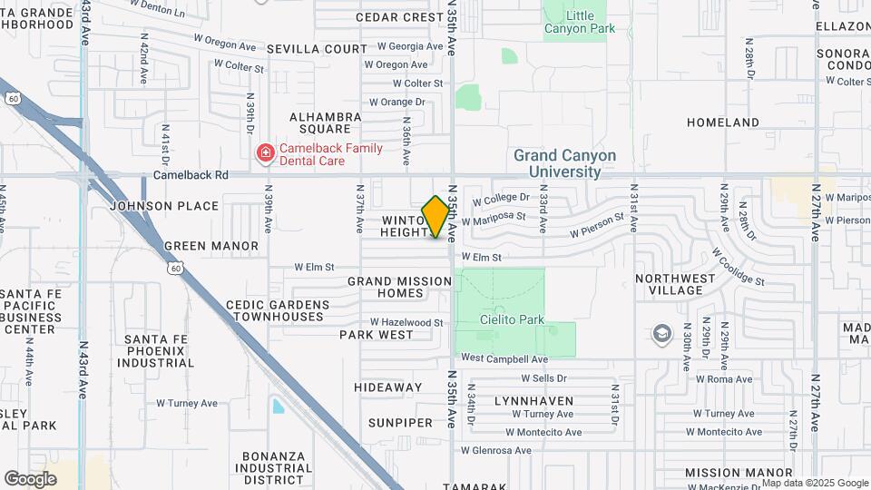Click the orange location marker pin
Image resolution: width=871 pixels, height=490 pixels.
coord(436,217)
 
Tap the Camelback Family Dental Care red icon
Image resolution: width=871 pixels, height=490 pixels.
coord(265,153)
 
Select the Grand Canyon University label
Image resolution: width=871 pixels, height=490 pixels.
coord(564,163)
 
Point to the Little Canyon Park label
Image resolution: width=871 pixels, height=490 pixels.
coord(580,22)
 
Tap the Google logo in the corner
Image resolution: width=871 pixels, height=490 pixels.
coord(30,478)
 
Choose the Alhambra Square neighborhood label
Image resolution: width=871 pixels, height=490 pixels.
coord(326,122)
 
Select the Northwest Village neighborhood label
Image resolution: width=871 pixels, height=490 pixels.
coord(681,284)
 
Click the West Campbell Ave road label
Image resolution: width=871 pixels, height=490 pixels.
coord(504,358)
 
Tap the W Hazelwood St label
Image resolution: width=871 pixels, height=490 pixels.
coord(406,322)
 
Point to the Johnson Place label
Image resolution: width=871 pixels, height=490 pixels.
coord(164,206)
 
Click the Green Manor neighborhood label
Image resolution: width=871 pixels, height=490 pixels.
coord(211,246)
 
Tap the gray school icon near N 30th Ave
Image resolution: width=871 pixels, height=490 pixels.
coord(661,334)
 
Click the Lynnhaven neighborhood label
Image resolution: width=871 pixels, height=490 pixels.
coord(533,400)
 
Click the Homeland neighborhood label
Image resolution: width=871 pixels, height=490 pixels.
coord(722,122)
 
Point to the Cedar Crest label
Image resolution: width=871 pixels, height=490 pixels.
coord(399,17)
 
